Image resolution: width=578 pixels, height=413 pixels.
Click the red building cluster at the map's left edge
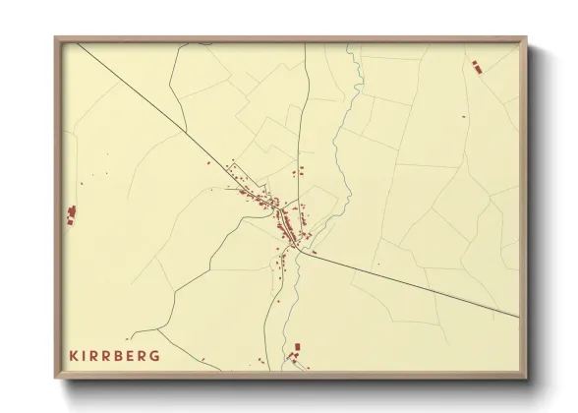tap(71, 214)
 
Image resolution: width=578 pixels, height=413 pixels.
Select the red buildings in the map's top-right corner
tap(477, 66)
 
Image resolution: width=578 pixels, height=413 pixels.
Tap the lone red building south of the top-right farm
tap(464, 116)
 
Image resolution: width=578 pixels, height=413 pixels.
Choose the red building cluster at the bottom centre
tap(297, 351)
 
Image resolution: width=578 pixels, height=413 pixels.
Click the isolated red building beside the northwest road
tap(208, 163)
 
